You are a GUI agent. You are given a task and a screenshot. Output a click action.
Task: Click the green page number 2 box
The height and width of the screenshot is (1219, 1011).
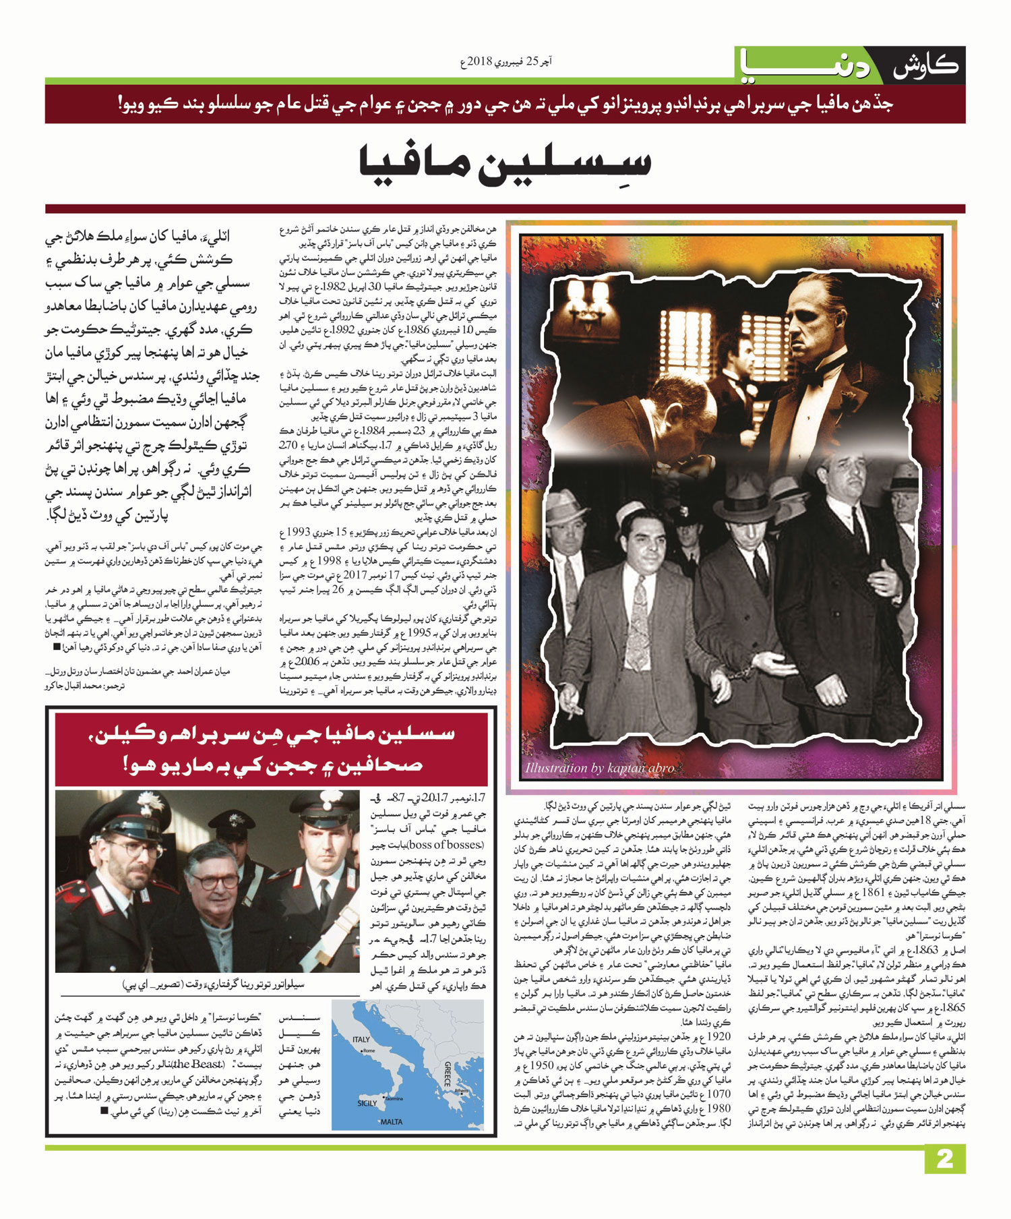point(944,1159)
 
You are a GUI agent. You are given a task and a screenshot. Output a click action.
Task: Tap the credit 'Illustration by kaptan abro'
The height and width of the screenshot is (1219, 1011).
point(599,767)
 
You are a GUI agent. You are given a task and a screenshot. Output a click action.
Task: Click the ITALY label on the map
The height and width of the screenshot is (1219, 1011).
point(361,1039)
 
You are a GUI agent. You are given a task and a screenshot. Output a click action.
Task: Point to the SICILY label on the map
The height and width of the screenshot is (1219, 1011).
point(367,1103)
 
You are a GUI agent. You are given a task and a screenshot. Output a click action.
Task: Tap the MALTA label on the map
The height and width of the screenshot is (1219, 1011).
point(391,1122)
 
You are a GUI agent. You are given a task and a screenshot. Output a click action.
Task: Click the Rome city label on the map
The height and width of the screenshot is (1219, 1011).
point(369,1051)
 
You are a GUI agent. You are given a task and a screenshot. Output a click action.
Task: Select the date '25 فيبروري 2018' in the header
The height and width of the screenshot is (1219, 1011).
point(516,62)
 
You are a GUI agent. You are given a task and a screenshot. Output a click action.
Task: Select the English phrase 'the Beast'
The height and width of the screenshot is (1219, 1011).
point(199,1064)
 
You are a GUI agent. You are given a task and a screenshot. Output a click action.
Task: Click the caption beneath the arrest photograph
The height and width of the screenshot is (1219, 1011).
point(213,985)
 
